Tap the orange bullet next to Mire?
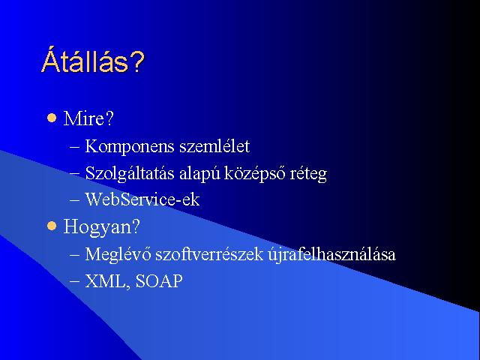point(52,118)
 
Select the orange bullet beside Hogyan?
point(52,226)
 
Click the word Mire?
point(88,118)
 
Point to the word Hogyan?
point(101,227)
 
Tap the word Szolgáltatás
point(130,173)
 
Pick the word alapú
point(199,173)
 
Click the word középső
point(255,173)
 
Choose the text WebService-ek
point(142,199)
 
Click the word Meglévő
point(118,255)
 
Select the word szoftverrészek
point(209,254)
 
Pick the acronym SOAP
point(158,280)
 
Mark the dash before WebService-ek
point(75,201)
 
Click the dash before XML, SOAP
point(75,282)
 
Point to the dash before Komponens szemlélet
point(75,147)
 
